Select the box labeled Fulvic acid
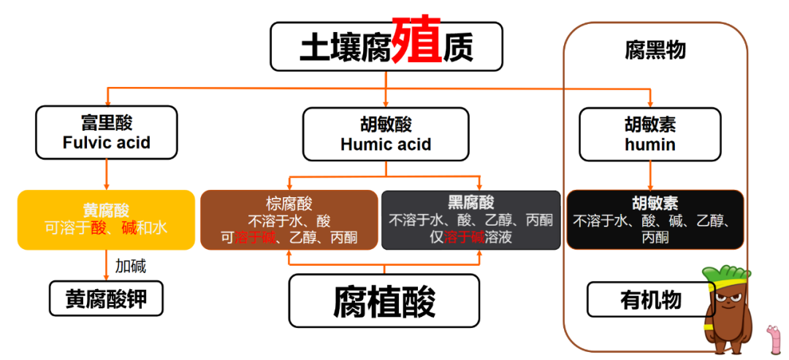click(107, 132)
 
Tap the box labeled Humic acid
click(386, 134)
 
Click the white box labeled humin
click(650, 134)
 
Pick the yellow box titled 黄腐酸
click(106, 220)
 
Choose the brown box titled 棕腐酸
click(289, 220)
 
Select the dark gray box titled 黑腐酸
click(471, 220)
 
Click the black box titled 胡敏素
click(655, 220)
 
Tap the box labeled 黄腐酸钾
click(106, 299)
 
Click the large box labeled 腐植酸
click(384, 301)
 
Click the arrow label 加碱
click(131, 266)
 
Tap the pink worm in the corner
click(772, 340)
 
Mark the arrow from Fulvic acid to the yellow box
click(107, 175)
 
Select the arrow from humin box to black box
click(651, 175)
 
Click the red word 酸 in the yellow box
click(99, 229)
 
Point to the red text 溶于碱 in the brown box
click(255, 237)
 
